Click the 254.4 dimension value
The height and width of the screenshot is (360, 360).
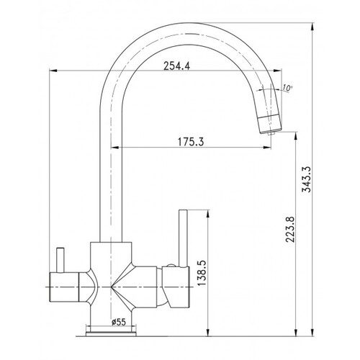click(x=176, y=66)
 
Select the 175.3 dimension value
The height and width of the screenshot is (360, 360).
click(x=191, y=142)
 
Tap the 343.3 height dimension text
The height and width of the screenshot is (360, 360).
click(x=307, y=179)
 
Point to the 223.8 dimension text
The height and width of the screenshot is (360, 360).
click(x=291, y=229)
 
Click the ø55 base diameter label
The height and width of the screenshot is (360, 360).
click(x=119, y=322)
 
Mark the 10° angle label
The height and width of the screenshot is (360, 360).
click(x=287, y=88)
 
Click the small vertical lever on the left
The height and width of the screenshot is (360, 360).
click(x=60, y=260)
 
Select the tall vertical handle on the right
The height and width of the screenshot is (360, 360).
click(x=183, y=238)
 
